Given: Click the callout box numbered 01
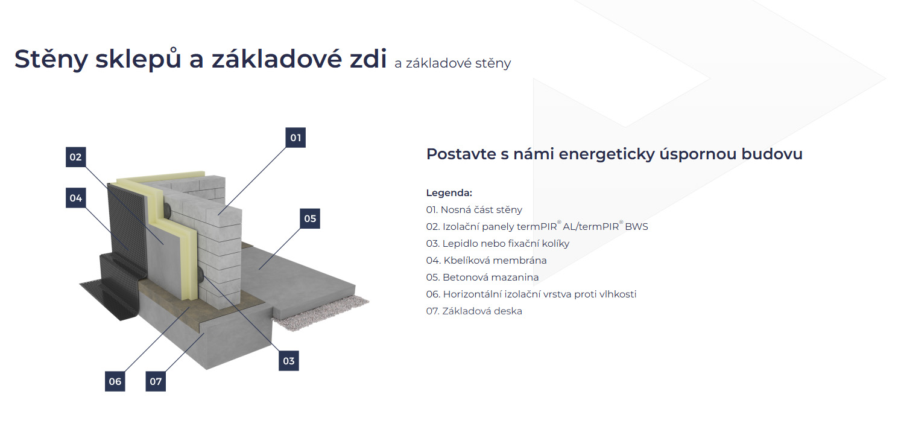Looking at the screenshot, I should [296, 138].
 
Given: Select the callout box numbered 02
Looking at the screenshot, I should [75, 157].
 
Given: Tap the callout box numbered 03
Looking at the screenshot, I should [288, 360].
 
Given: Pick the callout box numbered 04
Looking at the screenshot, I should [75, 198].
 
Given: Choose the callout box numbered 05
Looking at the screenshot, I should [310, 218].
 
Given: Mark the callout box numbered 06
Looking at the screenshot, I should [115, 381].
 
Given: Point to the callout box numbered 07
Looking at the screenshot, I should [156, 381].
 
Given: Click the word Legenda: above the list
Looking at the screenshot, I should [449, 193].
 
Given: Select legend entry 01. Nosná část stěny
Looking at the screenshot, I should [474, 210].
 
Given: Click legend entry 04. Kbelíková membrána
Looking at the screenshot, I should [486, 261].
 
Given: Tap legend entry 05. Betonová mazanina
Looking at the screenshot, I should [482, 278].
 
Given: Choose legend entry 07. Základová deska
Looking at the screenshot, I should [474, 311].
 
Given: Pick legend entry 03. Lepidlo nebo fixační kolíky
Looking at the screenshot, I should [498, 244].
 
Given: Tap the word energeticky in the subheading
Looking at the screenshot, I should [607, 154].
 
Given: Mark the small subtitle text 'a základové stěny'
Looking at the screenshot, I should [452, 63].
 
